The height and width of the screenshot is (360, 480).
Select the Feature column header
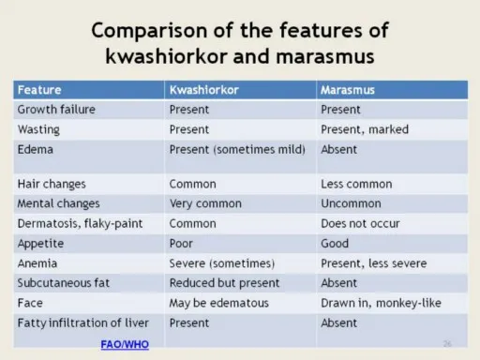[x=39, y=90]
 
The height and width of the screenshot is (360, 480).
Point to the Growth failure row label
[x=56, y=110]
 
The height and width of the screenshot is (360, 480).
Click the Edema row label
[x=36, y=149]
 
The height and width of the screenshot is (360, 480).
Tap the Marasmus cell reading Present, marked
[x=365, y=129]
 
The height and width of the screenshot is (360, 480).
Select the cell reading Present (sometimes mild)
[x=239, y=149]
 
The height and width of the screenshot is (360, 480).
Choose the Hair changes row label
[x=52, y=184]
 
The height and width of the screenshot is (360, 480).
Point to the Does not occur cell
[x=360, y=223]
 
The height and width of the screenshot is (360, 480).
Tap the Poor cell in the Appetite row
[x=183, y=243]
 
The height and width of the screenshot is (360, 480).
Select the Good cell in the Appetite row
[x=335, y=243]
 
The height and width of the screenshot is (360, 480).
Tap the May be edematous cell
[x=218, y=303]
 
